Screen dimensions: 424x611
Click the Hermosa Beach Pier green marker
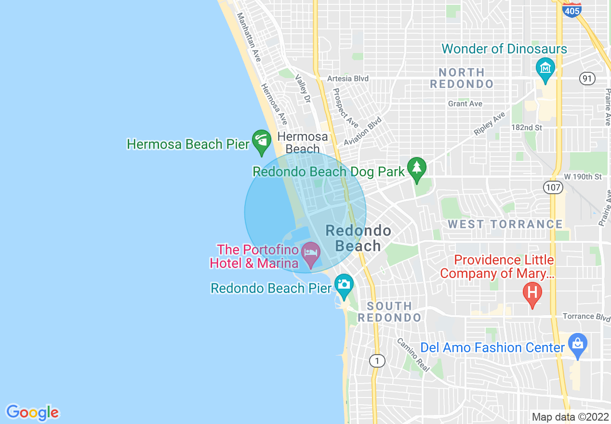pos(262,141)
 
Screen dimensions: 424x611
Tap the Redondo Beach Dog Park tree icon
pos(417,169)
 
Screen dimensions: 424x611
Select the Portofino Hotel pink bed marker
pos(310,253)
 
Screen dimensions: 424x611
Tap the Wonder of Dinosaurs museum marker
pos(545,68)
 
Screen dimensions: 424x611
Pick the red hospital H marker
pos(532,293)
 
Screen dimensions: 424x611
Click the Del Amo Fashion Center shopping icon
pos(577,345)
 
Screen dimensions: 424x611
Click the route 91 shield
pos(587,79)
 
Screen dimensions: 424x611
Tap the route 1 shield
pos(377,360)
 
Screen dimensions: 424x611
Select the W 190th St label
pos(583,177)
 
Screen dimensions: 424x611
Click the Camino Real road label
pos(413,354)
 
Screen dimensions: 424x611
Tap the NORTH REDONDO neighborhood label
pos(462,78)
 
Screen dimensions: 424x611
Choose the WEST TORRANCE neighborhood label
pos(505,224)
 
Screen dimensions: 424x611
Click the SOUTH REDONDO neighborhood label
pos(389,312)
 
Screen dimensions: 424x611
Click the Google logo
pos(32,412)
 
